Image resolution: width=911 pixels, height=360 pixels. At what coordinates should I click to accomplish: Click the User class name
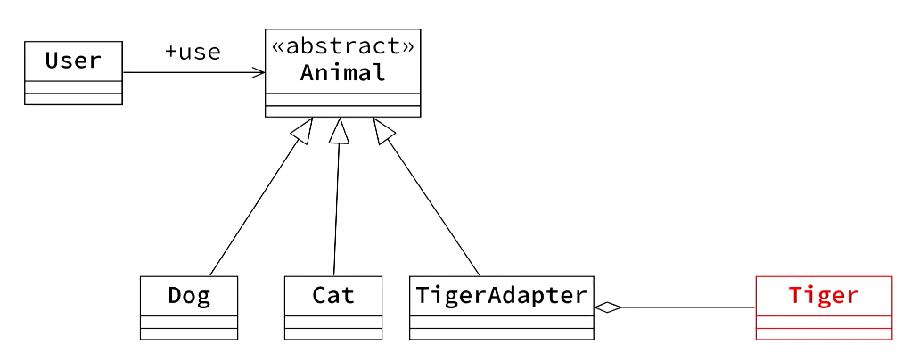coord(73,61)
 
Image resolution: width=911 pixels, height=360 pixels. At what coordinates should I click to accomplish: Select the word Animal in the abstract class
coord(342,73)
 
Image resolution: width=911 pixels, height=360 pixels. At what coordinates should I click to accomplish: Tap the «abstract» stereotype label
coord(342,46)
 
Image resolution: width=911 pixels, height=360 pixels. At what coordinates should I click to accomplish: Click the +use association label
coord(193,52)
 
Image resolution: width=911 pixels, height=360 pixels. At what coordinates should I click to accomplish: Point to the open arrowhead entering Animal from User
coord(259,72)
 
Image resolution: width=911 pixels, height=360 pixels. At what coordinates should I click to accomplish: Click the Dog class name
coord(189,295)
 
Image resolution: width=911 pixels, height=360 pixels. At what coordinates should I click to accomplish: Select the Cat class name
coord(333,295)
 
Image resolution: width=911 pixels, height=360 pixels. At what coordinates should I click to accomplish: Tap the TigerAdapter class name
coord(501,295)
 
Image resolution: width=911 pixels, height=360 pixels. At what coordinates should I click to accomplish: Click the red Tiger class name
coord(824,295)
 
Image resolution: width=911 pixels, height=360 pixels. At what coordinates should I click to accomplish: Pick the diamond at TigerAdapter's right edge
coord(607,307)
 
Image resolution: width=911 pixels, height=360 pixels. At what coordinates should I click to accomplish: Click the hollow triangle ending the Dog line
coord(303,131)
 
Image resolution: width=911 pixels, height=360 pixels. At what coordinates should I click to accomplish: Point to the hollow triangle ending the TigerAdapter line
coord(383,131)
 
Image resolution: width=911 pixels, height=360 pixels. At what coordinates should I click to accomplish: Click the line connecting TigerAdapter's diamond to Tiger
coord(686,307)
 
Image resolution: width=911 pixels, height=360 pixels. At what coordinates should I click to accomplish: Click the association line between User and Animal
coord(187,72)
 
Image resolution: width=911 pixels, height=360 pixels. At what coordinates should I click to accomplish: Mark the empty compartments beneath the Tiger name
coord(824,327)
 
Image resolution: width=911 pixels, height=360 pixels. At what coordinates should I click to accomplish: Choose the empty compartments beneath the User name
coord(73,93)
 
